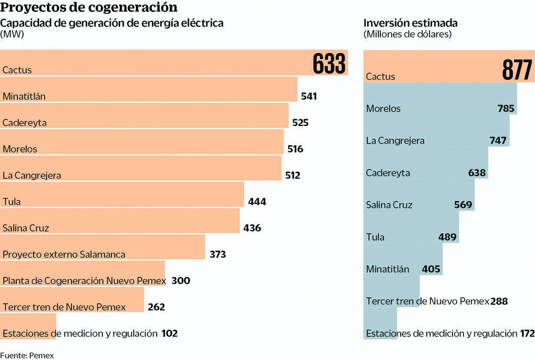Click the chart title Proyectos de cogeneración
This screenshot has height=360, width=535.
(89, 8)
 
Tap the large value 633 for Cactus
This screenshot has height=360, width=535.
(329, 64)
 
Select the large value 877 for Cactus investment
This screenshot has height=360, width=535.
(517, 70)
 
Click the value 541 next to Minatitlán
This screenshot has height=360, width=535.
(309, 96)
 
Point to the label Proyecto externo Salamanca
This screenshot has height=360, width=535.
(64, 254)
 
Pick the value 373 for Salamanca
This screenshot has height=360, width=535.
(217, 254)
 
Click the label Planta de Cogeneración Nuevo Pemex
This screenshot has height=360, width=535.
(84, 281)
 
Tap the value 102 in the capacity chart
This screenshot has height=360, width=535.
(169, 333)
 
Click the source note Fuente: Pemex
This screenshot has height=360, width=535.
(27, 355)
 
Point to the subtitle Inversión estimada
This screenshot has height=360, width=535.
(410, 23)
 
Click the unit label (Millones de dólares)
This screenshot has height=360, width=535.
(408, 34)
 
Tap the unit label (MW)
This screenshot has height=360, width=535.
(12, 34)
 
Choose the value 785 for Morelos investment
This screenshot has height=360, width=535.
(506, 109)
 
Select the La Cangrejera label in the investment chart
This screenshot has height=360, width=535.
(395, 141)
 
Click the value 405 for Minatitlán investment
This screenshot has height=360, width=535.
(432, 270)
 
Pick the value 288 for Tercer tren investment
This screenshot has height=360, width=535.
(499, 301)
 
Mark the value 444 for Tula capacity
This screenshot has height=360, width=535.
(257, 202)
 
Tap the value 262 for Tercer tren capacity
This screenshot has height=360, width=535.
(156, 307)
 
